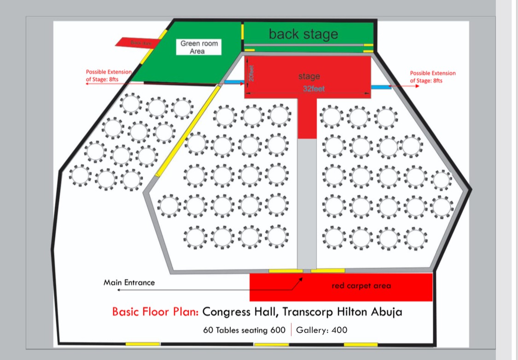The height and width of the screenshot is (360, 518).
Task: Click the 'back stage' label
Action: [x=303, y=34]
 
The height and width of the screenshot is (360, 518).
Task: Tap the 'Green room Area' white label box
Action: [x=198, y=47]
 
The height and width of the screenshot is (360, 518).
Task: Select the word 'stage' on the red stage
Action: [x=308, y=76]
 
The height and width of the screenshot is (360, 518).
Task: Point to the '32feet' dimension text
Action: [x=313, y=88]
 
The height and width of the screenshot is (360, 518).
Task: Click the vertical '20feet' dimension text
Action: [x=251, y=73]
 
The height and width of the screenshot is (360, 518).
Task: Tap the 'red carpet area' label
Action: [x=361, y=286]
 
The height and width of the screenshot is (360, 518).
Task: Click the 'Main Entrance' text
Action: [x=129, y=282]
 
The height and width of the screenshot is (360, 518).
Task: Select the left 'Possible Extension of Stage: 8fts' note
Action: [x=109, y=76]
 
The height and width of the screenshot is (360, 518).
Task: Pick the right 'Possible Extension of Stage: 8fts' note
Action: [x=432, y=76]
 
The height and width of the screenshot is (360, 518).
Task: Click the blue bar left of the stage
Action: [x=234, y=82]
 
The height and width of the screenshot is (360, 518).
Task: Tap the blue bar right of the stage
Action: [x=381, y=87]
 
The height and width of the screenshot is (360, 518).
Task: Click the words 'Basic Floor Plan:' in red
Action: [x=155, y=312]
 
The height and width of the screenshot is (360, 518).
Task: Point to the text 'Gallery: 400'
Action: [x=321, y=330]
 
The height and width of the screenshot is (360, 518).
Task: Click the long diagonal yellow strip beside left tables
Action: [x=187, y=131]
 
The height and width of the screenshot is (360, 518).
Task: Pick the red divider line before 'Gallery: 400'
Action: [x=291, y=330]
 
